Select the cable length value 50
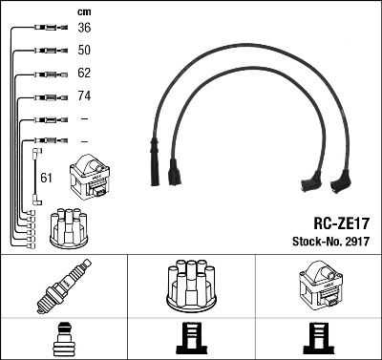84,50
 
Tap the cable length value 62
84,73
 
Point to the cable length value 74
84,95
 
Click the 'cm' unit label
83,11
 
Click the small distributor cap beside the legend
68,226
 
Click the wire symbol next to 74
46,96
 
